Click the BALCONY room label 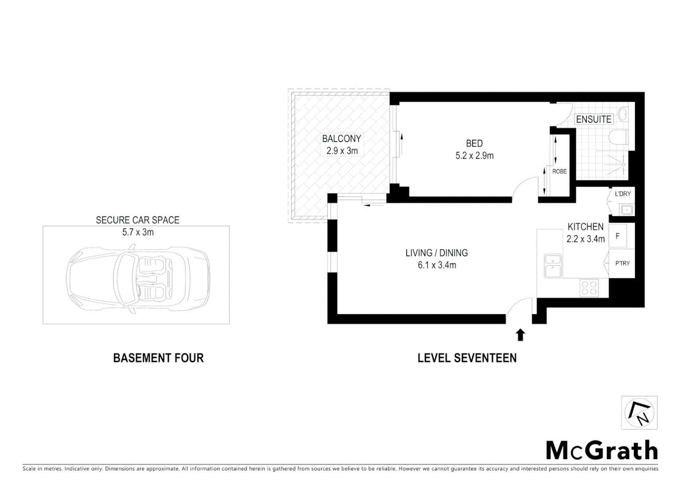(x=341, y=139)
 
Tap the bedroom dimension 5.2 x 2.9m (x=474, y=156)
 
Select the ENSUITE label (x=594, y=120)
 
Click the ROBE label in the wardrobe (x=559, y=171)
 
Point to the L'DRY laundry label (x=623, y=194)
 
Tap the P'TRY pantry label (x=622, y=263)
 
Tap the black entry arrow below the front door (x=520, y=335)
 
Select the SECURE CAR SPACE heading (x=138, y=220)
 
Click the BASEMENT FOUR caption (x=158, y=358)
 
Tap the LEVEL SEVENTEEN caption (x=467, y=358)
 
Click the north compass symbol (x=639, y=413)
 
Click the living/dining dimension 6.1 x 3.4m (x=436, y=265)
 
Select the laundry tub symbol (x=627, y=209)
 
